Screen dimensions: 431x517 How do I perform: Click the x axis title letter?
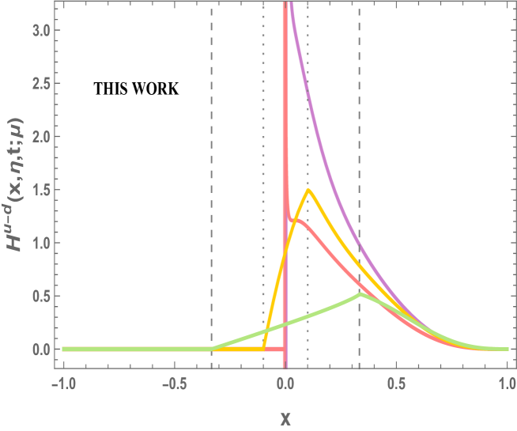pos(285,417)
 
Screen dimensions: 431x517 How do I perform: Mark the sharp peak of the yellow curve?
pos(308,190)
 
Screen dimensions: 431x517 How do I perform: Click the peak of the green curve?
pos(360,293)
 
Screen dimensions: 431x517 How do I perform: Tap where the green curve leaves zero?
pos(212,349)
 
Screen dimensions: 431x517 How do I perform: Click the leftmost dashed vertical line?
pos(211,158)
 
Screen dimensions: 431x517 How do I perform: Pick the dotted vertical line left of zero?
pos(262,158)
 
